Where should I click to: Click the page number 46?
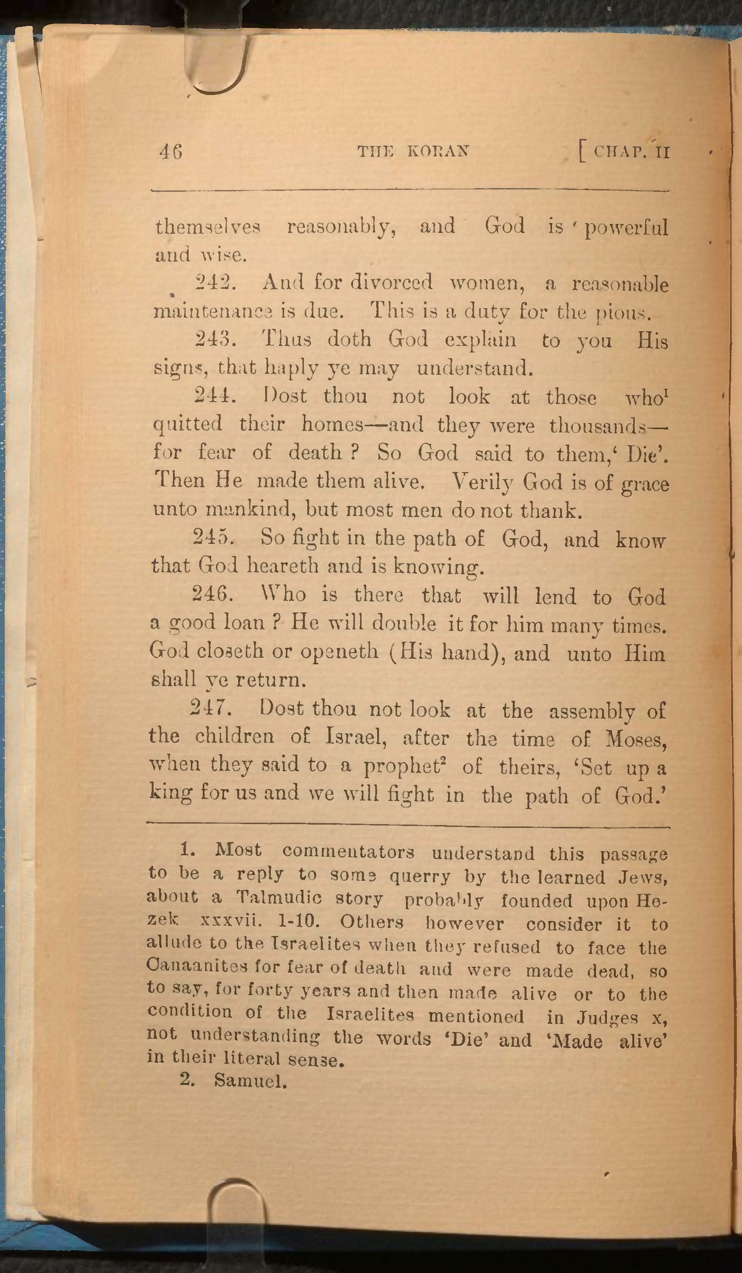click(170, 152)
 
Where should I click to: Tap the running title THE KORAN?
click(413, 151)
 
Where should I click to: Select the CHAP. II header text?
click(631, 152)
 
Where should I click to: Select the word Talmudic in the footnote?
click(279, 898)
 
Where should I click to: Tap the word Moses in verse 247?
click(635, 740)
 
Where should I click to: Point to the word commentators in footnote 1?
click(348, 852)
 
